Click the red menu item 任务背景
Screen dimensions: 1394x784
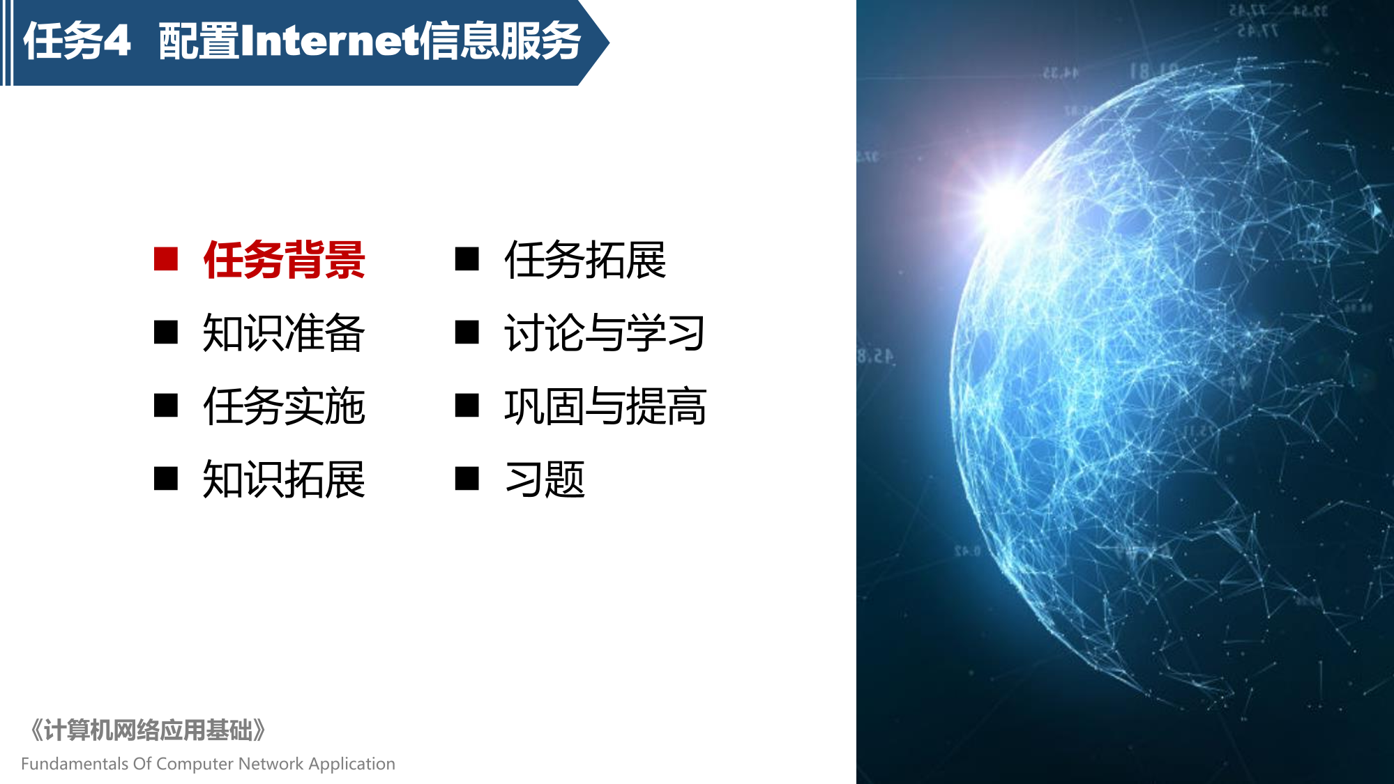284,260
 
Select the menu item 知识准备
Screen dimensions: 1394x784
284,333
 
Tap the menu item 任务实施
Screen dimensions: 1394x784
284,406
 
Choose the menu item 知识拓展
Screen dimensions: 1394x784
284,479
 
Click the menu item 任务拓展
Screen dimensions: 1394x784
585,260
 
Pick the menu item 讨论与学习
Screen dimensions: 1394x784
605,333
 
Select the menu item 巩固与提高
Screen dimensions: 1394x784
605,406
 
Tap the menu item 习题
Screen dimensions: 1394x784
545,479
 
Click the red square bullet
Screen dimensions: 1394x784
166,259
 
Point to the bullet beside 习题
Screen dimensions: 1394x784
467,479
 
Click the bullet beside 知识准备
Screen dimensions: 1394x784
166,332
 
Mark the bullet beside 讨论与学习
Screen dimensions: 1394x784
467,332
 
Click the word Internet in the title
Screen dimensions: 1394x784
329,41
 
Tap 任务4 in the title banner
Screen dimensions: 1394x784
77,41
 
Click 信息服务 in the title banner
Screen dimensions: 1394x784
500,41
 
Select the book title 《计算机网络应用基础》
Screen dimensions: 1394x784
147,730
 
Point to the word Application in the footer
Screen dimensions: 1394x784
352,764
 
